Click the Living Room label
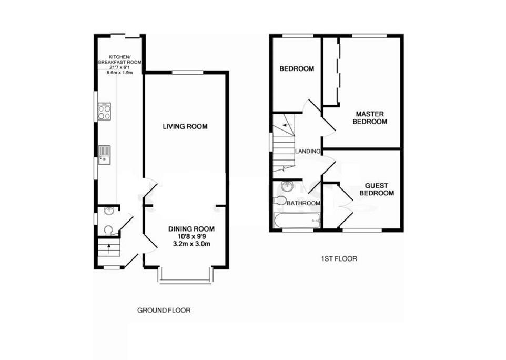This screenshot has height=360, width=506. [185, 126]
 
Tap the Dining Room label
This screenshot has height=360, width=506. [191, 229]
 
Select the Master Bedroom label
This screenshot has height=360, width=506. [371, 117]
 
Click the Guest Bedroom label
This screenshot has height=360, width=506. [376, 189]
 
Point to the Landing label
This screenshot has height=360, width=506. [308, 152]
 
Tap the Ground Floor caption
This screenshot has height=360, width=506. [164, 311]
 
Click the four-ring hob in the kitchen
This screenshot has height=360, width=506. [104, 111]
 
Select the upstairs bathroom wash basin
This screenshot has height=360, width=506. [287, 186]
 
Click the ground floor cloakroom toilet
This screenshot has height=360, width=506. [108, 229]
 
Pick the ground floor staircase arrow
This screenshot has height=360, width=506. [108, 246]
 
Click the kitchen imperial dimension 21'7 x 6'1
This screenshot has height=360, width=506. [120, 67]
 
